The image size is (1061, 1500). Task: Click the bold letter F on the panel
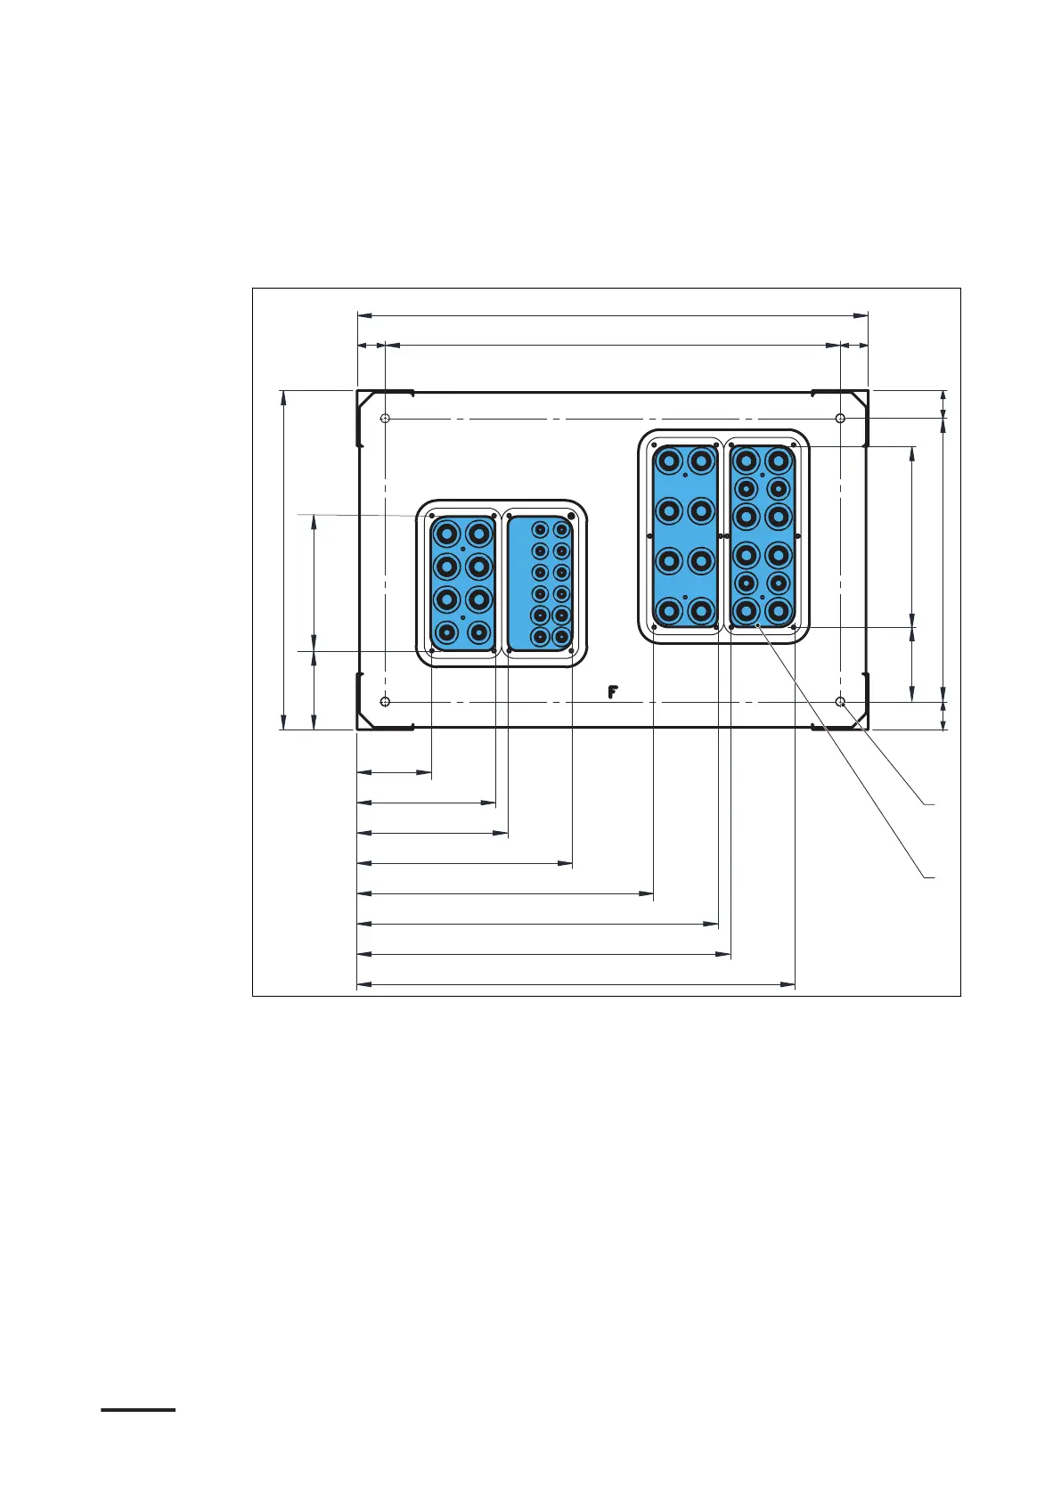tap(612, 692)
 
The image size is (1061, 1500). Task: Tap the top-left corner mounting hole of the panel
tap(385, 419)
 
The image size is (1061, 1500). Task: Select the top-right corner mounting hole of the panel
tap(840, 419)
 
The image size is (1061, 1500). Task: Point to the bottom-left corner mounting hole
tap(385, 702)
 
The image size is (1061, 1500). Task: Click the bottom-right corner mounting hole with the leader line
tap(841, 702)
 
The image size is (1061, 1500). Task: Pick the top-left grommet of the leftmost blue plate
tap(446, 534)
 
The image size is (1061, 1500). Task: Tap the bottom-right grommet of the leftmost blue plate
tap(479, 632)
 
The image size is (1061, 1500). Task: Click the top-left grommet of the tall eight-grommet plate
tap(669, 461)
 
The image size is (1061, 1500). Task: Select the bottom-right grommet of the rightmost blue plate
tap(778, 611)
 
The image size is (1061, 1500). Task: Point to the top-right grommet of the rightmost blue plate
tap(778, 461)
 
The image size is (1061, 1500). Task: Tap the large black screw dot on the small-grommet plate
tap(570, 517)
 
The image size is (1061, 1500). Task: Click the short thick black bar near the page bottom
tap(138, 1410)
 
